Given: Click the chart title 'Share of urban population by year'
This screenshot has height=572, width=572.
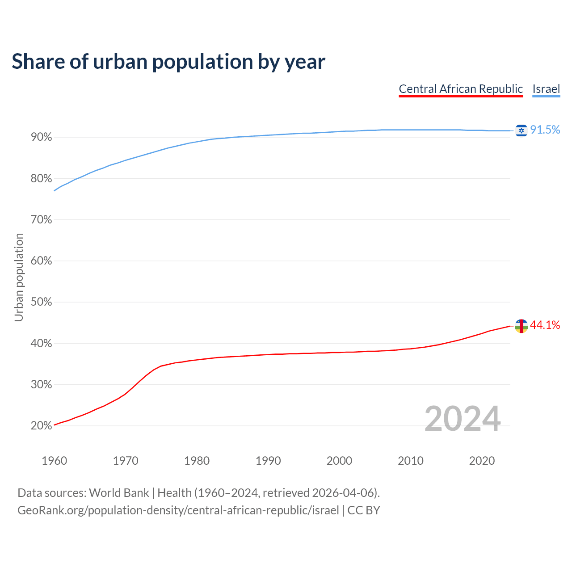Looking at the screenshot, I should tap(168, 62).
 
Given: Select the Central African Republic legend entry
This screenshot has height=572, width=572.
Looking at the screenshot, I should tap(461, 89).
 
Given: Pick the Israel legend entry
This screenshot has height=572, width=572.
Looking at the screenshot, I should tap(546, 89).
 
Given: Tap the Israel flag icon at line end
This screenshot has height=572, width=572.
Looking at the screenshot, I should tap(521, 130).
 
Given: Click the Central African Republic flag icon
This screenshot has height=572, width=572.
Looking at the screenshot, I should tap(521, 326).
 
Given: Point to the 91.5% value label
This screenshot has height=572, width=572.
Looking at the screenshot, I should tap(545, 130).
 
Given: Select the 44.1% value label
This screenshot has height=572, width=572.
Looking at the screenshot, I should tap(545, 325).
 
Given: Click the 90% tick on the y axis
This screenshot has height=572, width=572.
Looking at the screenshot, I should tap(42, 137).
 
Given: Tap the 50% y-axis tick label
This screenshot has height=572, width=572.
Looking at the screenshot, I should tap(42, 302).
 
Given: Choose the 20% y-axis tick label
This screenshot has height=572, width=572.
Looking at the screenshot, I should tap(42, 426).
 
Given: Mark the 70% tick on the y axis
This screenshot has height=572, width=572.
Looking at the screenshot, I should tap(42, 220).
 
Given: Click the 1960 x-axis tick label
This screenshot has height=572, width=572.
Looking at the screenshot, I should tap(54, 461).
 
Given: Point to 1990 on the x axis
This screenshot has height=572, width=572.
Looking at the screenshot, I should tap(268, 461).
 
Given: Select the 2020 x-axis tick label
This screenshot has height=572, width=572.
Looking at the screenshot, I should tap(482, 461).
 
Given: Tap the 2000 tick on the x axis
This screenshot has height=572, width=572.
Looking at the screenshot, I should tap(339, 461).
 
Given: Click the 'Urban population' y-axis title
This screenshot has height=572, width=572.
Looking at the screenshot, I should tap(19, 277).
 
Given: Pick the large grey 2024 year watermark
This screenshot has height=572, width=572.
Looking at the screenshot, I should tap(463, 419).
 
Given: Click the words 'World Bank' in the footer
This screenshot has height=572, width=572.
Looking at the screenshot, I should tap(119, 493).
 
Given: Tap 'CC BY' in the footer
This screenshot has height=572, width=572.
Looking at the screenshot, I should tap(364, 510).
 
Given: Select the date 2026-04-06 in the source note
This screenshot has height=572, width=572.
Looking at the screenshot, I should tap(342, 493).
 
